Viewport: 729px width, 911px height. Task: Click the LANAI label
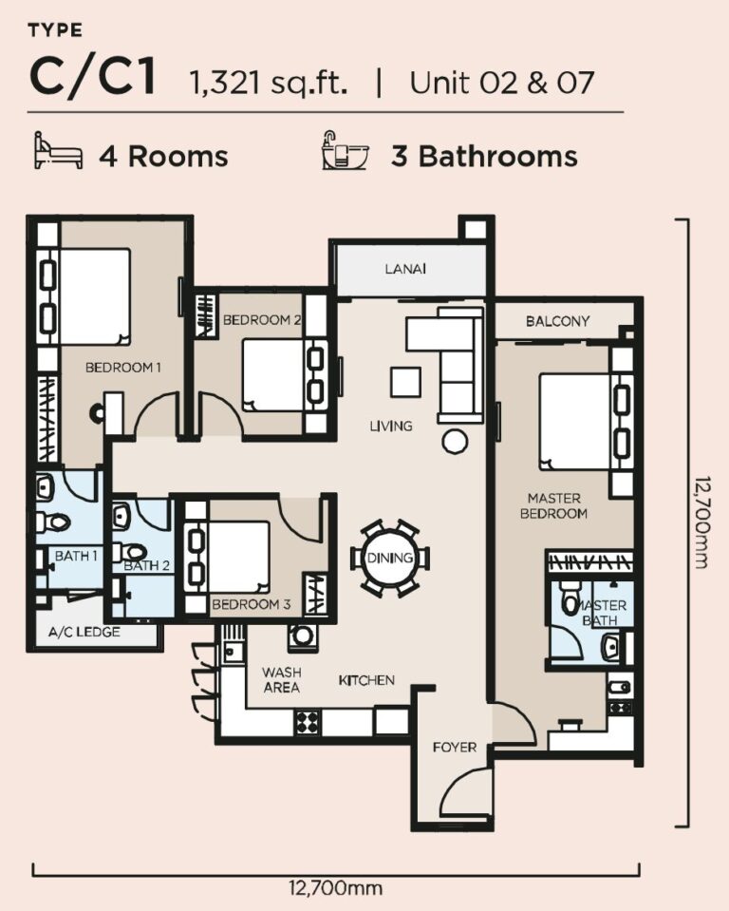[x=405, y=269]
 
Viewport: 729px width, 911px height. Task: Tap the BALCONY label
[x=557, y=321]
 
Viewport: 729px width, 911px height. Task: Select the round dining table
[x=390, y=558]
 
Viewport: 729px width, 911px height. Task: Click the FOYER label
[x=454, y=747]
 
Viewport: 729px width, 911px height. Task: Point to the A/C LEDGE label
[x=84, y=632]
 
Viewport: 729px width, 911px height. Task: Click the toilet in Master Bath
[x=570, y=598]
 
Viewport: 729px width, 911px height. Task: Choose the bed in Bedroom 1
[x=94, y=296]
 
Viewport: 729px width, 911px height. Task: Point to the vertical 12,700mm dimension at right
[x=700, y=523]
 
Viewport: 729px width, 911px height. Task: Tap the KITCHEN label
[x=366, y=680]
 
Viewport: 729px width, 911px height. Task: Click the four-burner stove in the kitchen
[x=308, y=722]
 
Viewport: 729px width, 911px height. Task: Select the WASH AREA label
[x=281, y=680]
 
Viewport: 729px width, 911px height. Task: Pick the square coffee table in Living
[x=405, y=382]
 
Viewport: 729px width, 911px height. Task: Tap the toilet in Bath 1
[x=55, y=522]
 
